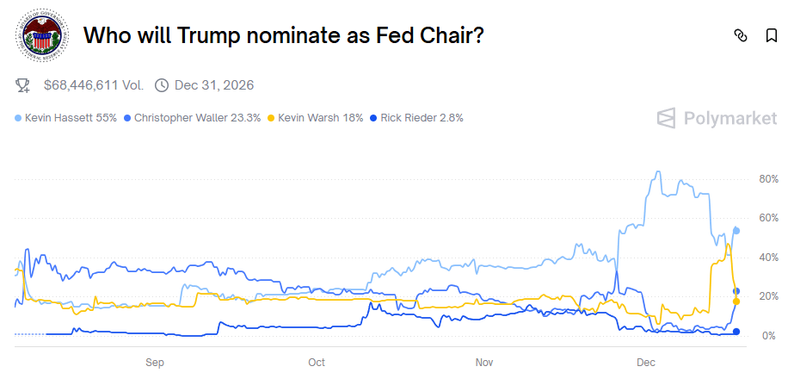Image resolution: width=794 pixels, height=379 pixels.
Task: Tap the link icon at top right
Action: [x=740, y=35]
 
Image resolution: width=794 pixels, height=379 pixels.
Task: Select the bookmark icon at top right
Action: [x=771, y=35]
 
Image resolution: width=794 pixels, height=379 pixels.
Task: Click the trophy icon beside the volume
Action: [x=23, y=85]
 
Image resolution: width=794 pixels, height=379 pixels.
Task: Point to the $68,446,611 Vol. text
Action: [x=94, y=85]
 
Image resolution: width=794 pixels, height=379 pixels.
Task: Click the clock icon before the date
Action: [x=162, y=85]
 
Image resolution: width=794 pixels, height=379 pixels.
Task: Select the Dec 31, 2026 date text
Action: [x=214, y=85]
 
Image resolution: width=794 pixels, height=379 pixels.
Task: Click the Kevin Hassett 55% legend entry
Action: [x=66, y=118]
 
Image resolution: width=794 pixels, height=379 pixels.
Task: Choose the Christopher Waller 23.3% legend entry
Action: [x=192, y=118]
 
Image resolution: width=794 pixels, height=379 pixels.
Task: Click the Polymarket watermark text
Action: [x=717, y=119]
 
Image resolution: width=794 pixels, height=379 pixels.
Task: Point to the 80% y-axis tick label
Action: [x=767, y=179]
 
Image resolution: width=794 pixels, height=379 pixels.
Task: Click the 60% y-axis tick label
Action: [x=767, y=218]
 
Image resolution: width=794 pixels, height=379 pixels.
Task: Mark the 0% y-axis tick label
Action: [x=771, y=335]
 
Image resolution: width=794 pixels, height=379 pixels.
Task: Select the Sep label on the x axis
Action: [x=155, y=363]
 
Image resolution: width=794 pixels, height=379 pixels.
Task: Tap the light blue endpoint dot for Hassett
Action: [x=736, y=230]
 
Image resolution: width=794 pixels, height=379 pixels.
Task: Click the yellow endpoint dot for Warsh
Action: [x=736, y=301]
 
